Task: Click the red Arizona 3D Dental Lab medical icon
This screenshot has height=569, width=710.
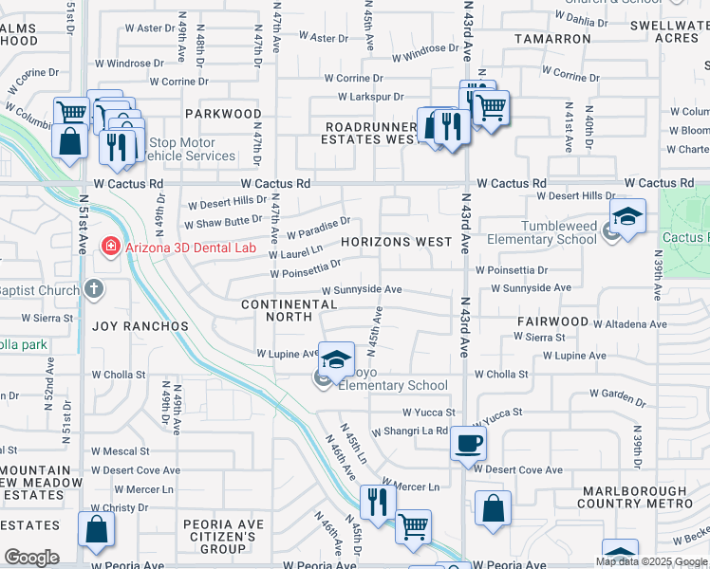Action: coord(111,248)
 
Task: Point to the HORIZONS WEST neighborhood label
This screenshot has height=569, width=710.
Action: coord(397,242)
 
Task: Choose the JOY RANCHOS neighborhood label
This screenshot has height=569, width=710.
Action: coord(140,326)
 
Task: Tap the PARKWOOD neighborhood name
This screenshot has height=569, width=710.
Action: coord(223,114)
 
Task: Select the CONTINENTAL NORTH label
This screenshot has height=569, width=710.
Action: coord(289,310)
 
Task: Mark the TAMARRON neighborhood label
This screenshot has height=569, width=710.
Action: coord(552,39)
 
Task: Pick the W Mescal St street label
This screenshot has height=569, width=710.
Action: coord(121,451)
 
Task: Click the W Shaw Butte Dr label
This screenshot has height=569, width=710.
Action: coord(223,220)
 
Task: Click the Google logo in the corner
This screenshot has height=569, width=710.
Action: coord(30,558)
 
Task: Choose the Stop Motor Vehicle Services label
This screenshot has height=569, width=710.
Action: coord(183,149)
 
